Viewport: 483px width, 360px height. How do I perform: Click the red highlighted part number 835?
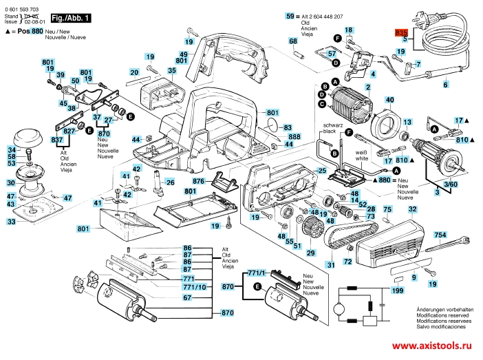[402, 32]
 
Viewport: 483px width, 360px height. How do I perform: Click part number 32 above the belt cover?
[412, 209]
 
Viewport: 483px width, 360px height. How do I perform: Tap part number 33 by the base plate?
[12, 222]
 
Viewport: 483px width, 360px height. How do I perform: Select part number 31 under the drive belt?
[330, 264]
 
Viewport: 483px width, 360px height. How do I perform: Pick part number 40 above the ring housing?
[389, 100]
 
